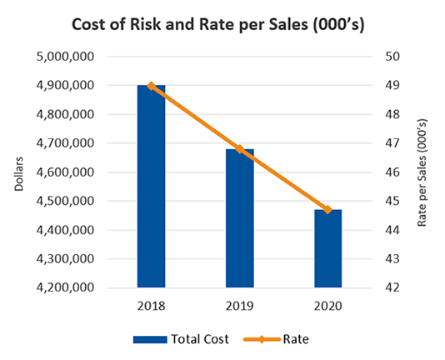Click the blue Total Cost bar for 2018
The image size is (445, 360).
(x=151, y=187)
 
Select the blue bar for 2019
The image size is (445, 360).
(x=239, y=218)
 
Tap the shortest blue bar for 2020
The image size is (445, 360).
(x=327, y=248)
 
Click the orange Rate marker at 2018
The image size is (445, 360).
(x=151, y=86)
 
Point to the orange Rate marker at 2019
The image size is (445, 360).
(x=239, y=149)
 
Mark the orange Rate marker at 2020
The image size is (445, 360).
(x=327, y=210)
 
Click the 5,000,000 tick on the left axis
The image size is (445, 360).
(x=86, y=57)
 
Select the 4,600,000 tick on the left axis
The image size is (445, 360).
(x=86, y=172)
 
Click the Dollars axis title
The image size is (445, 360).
(x=19, y=172)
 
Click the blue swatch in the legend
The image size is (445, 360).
(x=147, y=339)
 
